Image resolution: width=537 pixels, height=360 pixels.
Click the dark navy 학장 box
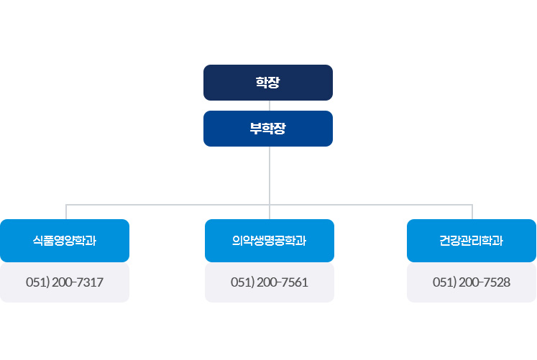(267, 82)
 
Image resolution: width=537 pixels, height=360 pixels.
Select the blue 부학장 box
(267, 129)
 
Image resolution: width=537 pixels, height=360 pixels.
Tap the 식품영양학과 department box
(65, 241)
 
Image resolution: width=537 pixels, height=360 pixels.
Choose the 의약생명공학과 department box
(270, 241)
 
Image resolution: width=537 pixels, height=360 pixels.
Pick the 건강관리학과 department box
(472, 241)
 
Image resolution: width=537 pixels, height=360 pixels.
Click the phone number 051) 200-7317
(65, 282)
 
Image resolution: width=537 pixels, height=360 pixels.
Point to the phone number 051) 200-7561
(270, 282)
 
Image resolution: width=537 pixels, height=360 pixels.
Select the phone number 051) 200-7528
(472, 282)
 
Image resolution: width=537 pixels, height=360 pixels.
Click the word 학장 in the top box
(267, 83)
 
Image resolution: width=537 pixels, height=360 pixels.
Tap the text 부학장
(268, 129)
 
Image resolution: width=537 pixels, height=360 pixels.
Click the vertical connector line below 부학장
(269, 176)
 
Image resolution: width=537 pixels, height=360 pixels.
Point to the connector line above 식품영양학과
(67, 212)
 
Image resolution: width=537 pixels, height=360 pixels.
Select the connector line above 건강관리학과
(472, 212)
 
